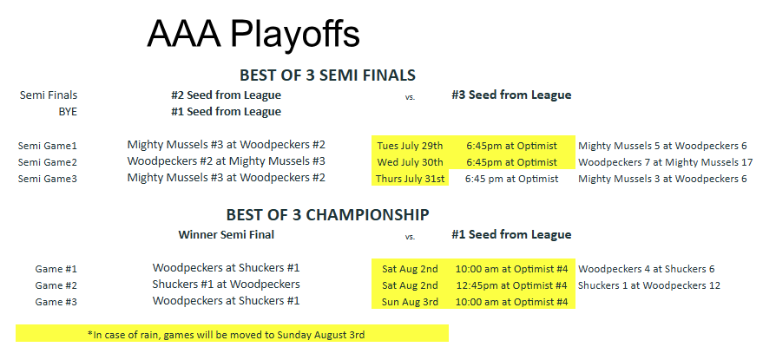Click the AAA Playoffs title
253,35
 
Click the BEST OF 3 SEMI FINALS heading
327,75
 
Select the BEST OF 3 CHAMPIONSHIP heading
327,214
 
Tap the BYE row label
68,112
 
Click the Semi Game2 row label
48,162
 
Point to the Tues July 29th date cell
410,146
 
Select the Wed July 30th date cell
411,162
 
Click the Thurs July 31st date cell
411,179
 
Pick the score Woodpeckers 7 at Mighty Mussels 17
666,162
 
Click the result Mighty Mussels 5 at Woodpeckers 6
662,146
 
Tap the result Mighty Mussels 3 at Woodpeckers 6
662,179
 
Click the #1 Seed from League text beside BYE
227,112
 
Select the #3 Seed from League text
511,95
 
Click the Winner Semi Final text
227,234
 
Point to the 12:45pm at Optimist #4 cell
511,285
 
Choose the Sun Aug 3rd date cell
410,302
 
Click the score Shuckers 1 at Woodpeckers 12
649,285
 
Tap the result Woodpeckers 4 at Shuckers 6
647,269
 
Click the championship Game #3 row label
56,302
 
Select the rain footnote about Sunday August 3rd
227,335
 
